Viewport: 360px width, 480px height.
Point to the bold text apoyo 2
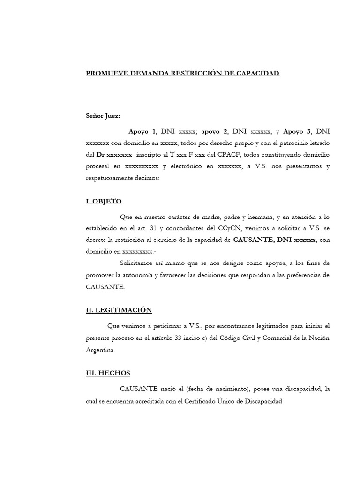(214, 131)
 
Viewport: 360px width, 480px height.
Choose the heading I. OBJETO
(104, 201)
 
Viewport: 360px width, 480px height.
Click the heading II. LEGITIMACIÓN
(119, 310)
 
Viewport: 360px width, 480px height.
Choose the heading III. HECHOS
(108, 373)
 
